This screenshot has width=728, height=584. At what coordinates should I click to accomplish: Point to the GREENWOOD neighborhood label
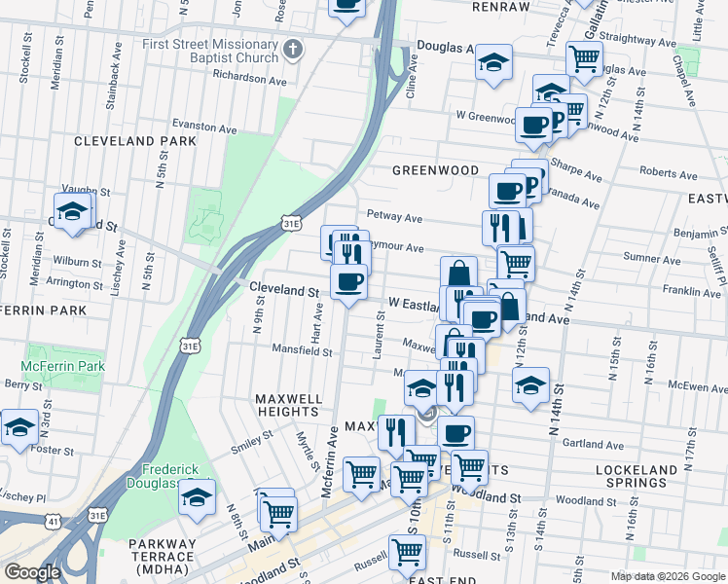(x=435, y=170)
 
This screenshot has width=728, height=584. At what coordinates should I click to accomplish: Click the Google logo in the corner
(x=32, y=572)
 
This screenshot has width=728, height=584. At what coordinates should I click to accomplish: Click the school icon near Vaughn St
(x=73, y=212)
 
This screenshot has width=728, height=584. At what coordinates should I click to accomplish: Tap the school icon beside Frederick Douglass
(x=197, y=498)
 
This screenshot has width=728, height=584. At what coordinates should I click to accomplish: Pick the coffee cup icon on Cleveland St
(x=348, y=282)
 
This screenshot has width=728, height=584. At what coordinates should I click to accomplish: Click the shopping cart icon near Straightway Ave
(x=583, y=57)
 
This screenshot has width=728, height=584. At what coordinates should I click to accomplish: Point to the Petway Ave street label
(x=394, y=217)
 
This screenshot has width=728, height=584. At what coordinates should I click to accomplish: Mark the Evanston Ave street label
(x=204, y=128)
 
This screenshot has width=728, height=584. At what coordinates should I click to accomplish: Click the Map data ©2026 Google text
(x=667, y=576)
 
